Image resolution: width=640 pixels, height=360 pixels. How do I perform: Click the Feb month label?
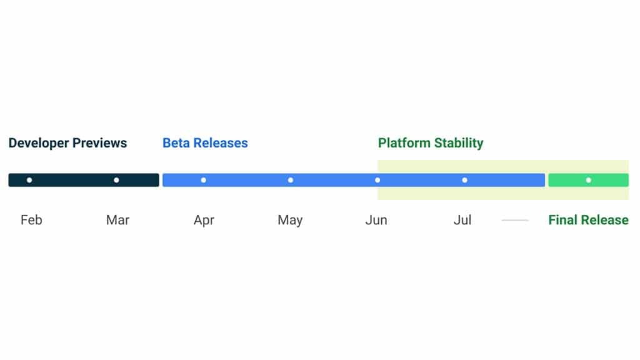point(31,220)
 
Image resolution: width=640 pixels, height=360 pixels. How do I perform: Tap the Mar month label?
point(117,220)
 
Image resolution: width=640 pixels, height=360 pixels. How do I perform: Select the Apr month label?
point(204,220)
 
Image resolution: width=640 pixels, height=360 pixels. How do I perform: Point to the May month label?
point(290,220)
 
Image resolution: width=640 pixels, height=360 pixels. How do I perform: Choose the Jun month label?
point(376,220)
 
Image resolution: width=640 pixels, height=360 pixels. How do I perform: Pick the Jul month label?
point(462,220)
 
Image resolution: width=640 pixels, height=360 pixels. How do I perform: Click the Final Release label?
point(588,220)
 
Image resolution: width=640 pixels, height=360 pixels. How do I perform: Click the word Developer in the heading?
point(38,143)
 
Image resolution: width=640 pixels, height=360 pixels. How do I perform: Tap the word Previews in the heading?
point(99,143)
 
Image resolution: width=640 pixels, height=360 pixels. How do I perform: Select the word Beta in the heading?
point(176,143)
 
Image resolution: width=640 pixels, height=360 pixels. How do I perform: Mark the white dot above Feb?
point(29,180)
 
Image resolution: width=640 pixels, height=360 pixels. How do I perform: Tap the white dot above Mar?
point(116,180)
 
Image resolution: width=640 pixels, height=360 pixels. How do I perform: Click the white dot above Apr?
point(203,180)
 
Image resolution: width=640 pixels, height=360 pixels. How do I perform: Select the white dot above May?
point(291,180)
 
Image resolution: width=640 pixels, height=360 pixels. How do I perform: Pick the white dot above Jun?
point(377,180)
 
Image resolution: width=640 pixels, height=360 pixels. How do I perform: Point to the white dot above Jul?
point(464,180)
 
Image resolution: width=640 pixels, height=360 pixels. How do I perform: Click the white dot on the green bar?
point(588,180)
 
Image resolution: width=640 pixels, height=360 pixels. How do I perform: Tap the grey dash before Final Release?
point(515,220)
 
